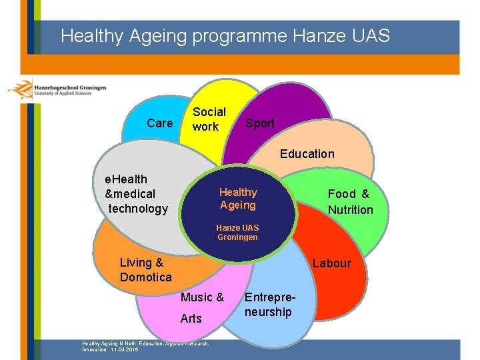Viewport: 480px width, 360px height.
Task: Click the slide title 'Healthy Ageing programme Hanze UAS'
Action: [225, 35]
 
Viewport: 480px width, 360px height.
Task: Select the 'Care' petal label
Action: [159, 123]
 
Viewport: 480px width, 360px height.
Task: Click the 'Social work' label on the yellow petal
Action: [209, 119]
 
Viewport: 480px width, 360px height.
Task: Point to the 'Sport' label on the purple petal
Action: [259, 123]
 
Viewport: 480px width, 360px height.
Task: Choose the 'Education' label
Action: [307, 154]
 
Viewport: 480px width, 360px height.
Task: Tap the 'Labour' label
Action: [331, 263]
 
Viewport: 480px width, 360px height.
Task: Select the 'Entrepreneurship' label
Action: [268, 305]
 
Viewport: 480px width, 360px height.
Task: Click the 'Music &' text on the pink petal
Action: [202, 297]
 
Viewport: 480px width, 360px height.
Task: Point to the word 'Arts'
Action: [191, 319]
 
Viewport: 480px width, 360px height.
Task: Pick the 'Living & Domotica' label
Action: [145, 270]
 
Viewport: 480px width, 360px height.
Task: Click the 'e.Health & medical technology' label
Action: [133, 194]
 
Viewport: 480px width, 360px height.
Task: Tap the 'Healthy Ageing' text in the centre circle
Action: [238, 199]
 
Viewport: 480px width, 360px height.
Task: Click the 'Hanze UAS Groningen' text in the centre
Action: [237, 233]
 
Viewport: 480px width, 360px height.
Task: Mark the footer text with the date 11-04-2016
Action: [145, 346]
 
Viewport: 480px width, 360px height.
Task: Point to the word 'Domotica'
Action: [145, 277]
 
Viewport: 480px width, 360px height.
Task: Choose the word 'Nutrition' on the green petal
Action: [350, 210]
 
